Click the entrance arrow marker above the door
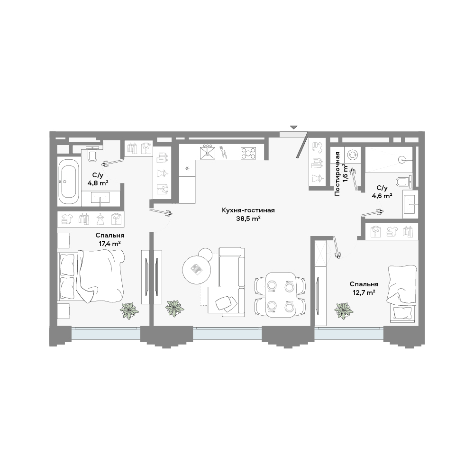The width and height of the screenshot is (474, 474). click(x=293, y=127)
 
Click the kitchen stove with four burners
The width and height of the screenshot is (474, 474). click(x=248, y=153)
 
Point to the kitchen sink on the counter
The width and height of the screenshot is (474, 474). click(x=208, y=152)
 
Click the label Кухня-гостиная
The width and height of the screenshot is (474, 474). click(x=248, y=210)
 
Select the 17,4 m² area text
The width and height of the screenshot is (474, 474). click(x=110, y=243)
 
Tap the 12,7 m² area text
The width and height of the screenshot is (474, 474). click(x=364, y=292)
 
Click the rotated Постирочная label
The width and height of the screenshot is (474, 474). click(x=337, y=174)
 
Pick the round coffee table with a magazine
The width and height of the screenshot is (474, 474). click(x=197, y=269)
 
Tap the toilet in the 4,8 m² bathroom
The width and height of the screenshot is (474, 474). click(x=92, y=154)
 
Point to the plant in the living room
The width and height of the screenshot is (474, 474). click(x=174, y=308)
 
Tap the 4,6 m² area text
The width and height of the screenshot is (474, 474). click(x=382, y=196)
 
